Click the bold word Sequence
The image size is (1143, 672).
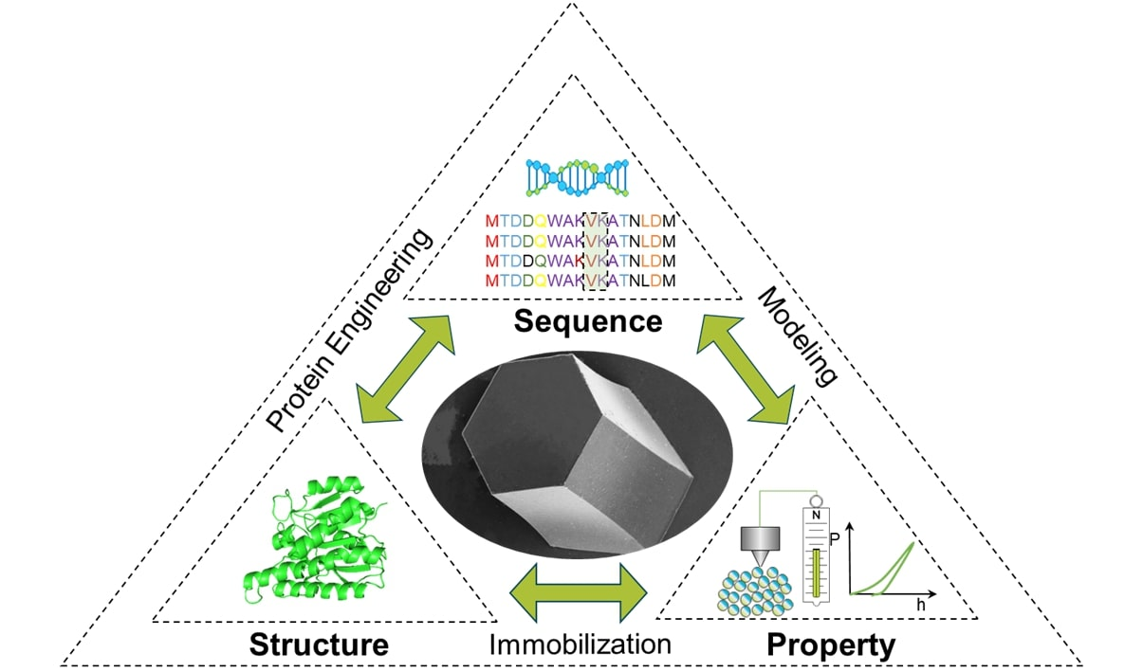(587, 321)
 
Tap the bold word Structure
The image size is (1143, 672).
(319, 645)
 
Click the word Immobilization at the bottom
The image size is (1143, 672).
(581, 644)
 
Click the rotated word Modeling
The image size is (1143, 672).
(799, 336)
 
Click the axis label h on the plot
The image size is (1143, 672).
(920, 604)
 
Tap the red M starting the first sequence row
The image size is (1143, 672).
(491, 222)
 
